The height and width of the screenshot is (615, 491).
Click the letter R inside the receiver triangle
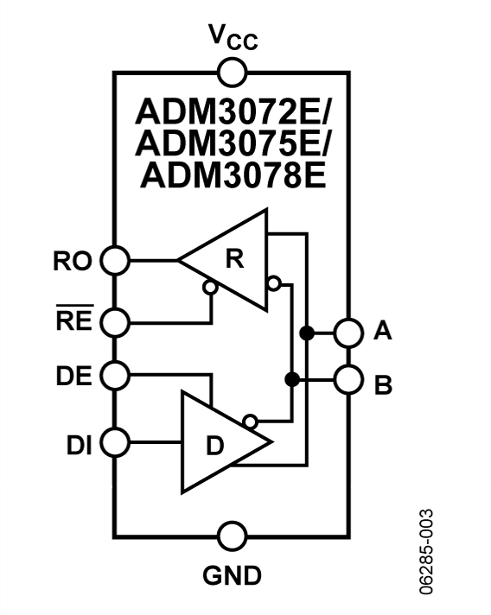235,259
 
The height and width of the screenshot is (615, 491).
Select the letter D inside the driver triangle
215,446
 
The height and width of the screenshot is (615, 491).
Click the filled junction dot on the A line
307,333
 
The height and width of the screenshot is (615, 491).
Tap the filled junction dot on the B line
291,380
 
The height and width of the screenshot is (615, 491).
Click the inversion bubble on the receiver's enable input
210,288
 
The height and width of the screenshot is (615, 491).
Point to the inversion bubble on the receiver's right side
274,283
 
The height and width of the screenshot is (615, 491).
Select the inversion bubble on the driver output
250,422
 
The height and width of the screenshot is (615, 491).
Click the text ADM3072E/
233,111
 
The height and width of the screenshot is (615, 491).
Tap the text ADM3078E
233,175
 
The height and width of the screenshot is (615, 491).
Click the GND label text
232,575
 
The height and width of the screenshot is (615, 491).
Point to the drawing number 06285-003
426,552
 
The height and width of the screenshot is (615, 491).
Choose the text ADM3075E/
233,143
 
